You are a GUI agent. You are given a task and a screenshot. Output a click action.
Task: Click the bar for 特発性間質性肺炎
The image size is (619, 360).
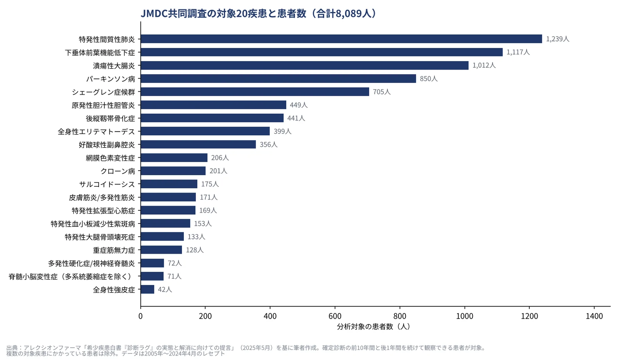click(x=341, y=39)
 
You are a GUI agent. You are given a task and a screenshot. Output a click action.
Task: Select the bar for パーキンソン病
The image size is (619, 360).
click(x=278, y=78)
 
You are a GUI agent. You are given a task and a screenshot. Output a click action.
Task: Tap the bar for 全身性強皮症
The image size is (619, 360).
click(x=147, y=289)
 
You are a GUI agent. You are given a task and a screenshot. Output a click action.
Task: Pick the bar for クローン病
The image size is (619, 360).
click(x=173, y=171)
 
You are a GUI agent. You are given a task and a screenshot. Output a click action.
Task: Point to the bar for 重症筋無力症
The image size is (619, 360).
click(x=161, y=250)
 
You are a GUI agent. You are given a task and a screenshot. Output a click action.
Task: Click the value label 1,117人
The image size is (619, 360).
click(x=518, y=52)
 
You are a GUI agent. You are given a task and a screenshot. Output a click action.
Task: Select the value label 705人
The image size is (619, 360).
click(x=381, y=92)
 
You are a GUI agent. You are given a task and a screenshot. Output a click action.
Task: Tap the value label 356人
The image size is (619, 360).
click(x=268, y=145)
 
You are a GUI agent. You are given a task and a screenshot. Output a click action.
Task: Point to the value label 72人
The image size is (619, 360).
click(x=174, y=263)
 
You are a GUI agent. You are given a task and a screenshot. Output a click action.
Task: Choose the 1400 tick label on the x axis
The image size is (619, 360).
click(x=594, y=316)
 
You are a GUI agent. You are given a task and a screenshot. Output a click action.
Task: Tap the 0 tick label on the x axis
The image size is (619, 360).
click(x=141, y=316)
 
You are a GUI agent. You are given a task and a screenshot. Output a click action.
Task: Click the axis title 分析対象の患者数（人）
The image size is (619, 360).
click(x=374, y=327)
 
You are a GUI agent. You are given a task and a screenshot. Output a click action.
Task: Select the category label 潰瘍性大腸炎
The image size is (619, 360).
click(x=114, y=66)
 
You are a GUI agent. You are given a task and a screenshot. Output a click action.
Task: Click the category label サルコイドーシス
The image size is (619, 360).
click(x=107, y=184)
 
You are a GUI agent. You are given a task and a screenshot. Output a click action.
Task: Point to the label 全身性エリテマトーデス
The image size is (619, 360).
click(x=96, y=131)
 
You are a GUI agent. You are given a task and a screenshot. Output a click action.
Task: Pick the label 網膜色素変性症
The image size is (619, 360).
click(x=110, y=158)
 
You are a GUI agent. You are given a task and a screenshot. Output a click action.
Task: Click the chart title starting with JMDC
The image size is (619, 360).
click(x=258, y=13)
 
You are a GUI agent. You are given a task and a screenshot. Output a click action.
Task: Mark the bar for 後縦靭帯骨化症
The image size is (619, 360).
click(x=212, y=118)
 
